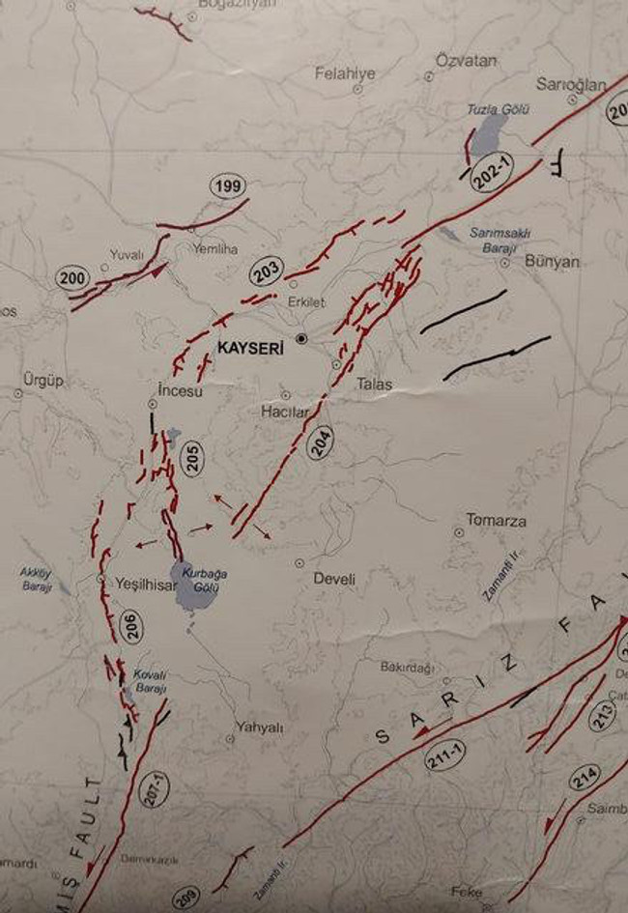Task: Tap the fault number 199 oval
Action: click(x=228, y=185)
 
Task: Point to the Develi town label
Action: click(x=334, y=580)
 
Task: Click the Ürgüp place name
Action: click(x=43, y=381)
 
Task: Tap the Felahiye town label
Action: click(x=344, y=72)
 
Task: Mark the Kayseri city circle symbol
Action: click(x=301, y=339)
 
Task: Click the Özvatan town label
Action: click(x=466, y=61)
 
